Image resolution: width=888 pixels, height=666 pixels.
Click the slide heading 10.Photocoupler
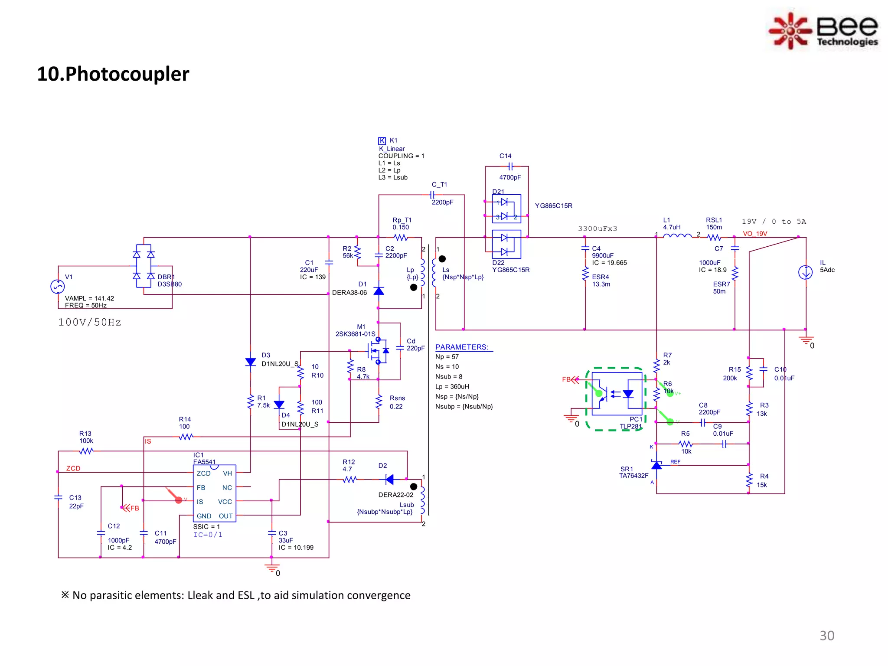113,74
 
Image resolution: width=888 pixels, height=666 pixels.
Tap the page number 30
826,636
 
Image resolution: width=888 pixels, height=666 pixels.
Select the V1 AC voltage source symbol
58,287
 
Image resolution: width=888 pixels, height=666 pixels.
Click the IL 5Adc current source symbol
805,273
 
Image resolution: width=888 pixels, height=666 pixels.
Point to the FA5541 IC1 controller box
214,493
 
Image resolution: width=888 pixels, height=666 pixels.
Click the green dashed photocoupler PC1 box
616,399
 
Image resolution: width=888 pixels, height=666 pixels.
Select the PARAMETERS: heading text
462,347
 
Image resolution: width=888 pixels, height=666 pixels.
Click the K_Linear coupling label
392,149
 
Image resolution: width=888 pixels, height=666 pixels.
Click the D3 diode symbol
251,362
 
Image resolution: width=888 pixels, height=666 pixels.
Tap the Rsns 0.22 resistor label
397,402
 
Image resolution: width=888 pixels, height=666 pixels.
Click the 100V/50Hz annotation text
90,323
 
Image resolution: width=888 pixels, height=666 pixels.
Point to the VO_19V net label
755,234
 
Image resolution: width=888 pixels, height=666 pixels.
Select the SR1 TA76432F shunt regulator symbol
656,466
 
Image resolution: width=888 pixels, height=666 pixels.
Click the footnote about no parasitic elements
236,595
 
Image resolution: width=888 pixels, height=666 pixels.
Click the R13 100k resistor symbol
86,451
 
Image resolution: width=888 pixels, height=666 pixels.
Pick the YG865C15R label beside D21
553,206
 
